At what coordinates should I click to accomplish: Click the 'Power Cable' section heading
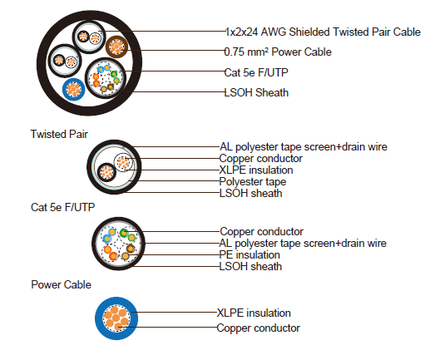click(61, 284)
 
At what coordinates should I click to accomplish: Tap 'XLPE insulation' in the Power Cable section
click(254, 313)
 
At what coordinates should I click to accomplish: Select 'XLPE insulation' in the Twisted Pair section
click(256, 170)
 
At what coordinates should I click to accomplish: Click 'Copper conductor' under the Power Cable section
click(258, 328)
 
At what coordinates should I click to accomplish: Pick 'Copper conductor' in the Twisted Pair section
click(261, 158)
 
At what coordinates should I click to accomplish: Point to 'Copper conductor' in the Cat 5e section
click(261, 231)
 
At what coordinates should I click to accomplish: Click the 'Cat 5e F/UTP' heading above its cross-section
click(63, 207)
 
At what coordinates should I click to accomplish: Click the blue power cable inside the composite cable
click(72, 88)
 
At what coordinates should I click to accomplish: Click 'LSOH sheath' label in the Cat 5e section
click(250, 267)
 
